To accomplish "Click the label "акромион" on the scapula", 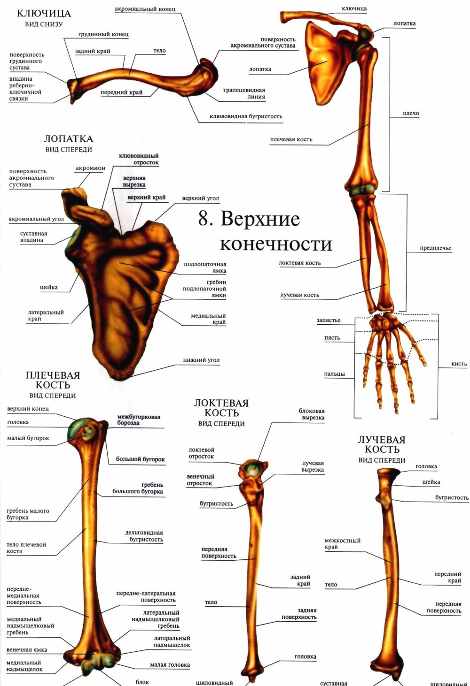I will (x=90, y=168).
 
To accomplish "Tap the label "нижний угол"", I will (x=201, y=360).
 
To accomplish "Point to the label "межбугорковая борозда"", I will (x=138, y=419).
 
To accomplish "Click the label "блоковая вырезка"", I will (x=311, y=414).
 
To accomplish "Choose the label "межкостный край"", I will (x=342, y=543).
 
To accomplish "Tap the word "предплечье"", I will (x=435, y=248).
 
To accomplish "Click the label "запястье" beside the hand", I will (x=328, y=320).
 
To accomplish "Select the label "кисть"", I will (x=459, y=364).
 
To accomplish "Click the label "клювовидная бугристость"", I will (x=246, y=116).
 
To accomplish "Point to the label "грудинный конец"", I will (x=103, y=34).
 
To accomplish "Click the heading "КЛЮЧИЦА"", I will (x=44, y=14).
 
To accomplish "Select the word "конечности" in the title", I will (x=276, y=244).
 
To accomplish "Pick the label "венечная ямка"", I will (x=27, y=650).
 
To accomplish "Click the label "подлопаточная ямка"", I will (x=205, y=267).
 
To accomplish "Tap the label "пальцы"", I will (x=334, y=373).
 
